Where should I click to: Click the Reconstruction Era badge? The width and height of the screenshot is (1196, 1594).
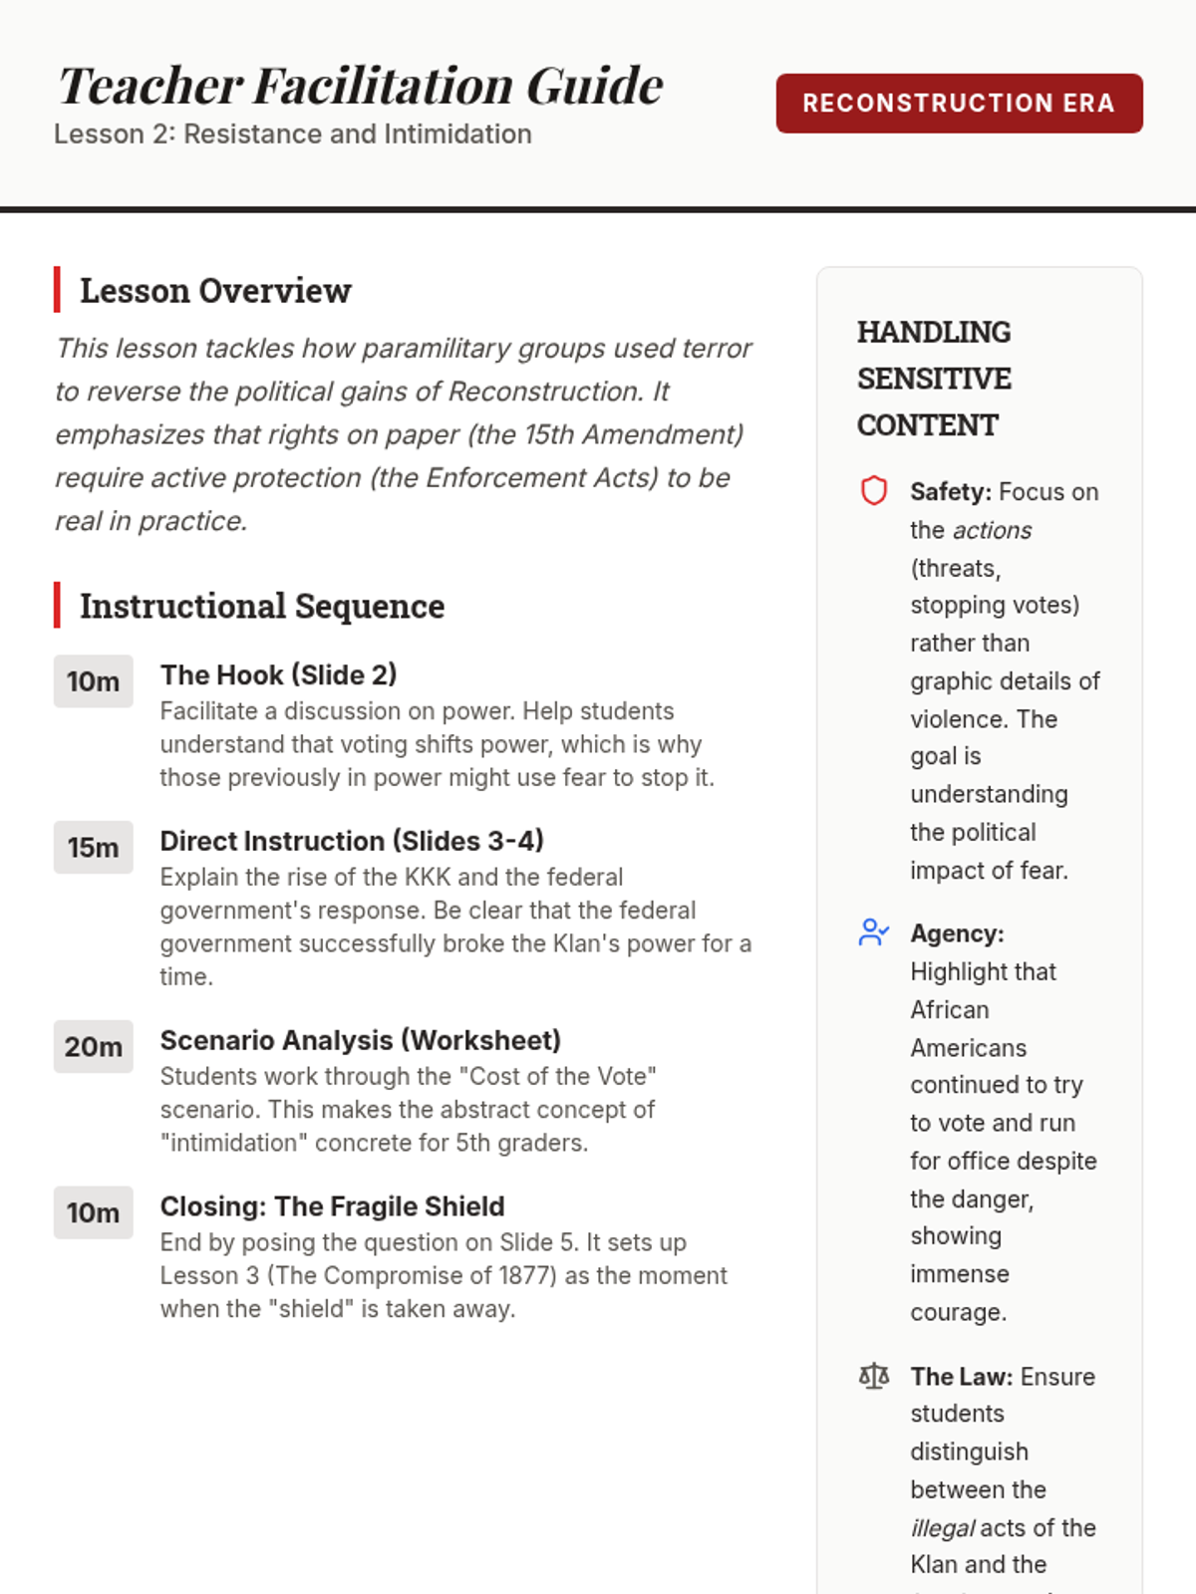[959, 103]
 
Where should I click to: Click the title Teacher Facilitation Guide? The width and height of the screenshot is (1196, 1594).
[361, 86]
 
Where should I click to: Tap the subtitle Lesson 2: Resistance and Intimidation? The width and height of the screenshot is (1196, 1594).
[293, 134]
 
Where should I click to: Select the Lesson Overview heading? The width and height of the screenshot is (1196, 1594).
[215, 291]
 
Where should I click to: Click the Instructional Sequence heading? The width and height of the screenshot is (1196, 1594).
[262, 606]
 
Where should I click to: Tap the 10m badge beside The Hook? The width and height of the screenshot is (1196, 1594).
[93, 681]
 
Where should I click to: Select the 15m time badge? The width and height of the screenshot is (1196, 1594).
[93, 848]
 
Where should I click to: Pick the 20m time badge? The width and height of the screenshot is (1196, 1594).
[93, 1047]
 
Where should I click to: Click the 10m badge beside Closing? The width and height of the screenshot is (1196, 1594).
[93, 1212]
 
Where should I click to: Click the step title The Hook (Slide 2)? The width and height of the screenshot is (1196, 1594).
[279, 675]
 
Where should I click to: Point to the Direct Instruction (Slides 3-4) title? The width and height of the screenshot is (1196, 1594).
[352, 841]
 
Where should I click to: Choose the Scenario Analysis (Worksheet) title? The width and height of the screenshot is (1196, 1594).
[361, 1040]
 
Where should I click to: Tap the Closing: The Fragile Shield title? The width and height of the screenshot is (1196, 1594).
[333, 1206]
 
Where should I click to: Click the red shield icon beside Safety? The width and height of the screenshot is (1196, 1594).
[874, 491]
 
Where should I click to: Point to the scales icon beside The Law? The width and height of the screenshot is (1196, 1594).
[874, 1377]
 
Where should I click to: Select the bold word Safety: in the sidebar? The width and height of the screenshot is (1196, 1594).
[951, 492]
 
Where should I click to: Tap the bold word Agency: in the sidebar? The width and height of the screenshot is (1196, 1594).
[957, 933]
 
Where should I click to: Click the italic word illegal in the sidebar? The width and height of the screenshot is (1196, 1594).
[942, 1528]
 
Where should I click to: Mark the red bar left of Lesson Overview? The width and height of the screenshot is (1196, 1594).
[57, 290]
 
